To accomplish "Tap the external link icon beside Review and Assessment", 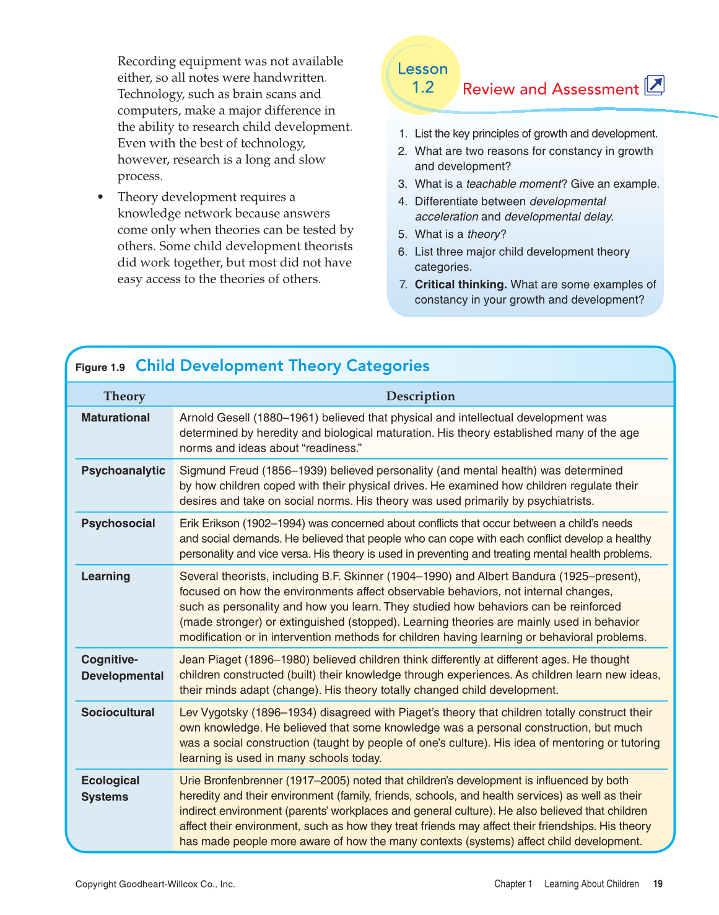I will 655,85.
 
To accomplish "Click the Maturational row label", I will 116,418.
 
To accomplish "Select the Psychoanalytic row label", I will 123,470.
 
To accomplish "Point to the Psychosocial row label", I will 118,523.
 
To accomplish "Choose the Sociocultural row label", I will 118,712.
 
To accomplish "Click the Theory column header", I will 124,396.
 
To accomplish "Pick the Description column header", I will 421,396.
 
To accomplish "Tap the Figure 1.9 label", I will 100,367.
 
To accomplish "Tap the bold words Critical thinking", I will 461,285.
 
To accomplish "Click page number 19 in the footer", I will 658,884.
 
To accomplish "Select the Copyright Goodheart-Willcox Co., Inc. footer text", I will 155,884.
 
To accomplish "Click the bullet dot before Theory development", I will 100,197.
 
